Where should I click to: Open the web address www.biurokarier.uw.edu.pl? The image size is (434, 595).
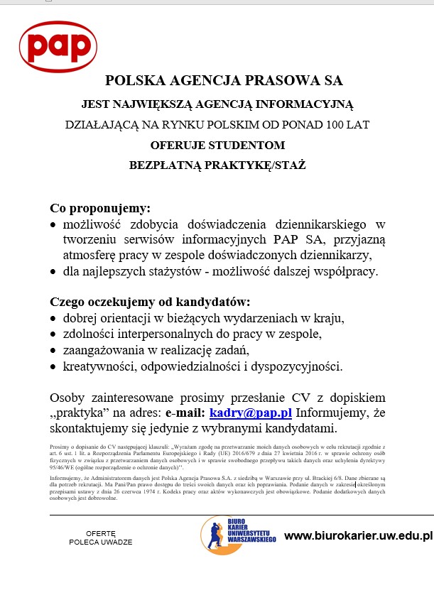point(357,535)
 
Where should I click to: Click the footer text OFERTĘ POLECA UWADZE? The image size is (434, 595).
point(100,537)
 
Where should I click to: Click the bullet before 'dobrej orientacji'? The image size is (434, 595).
point(54,318)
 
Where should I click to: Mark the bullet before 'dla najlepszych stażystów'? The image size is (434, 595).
point(54,271)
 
